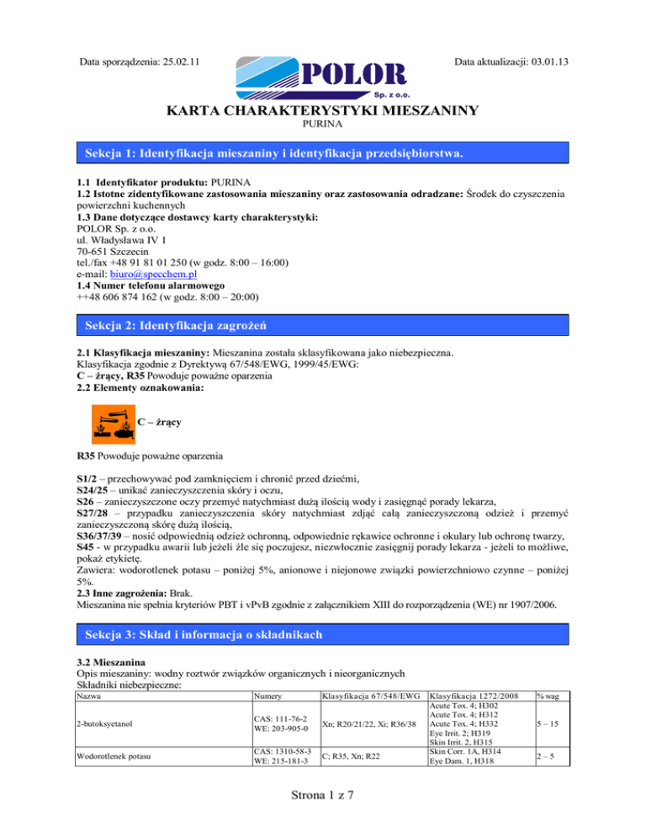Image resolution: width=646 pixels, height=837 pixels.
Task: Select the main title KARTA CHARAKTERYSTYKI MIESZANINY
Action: click(x=323, y=109)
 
